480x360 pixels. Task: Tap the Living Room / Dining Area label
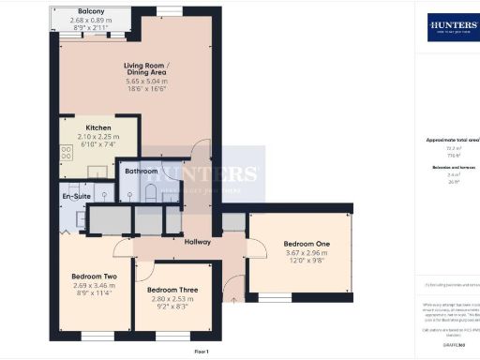coord(151,69)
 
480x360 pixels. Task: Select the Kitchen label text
coord(99,127)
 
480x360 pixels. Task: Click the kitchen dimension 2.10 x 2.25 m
coord(99,137)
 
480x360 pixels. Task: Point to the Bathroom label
coord(142,172)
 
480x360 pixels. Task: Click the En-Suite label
coord(76,196)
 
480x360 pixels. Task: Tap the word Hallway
coord(197,243)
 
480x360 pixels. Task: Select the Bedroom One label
coord(307,245)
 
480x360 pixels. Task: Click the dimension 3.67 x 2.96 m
coord(307,254)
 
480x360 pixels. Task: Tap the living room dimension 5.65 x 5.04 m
coord(151,80)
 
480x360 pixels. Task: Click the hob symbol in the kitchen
coord(67,152)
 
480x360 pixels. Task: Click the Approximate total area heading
coord(454,140)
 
